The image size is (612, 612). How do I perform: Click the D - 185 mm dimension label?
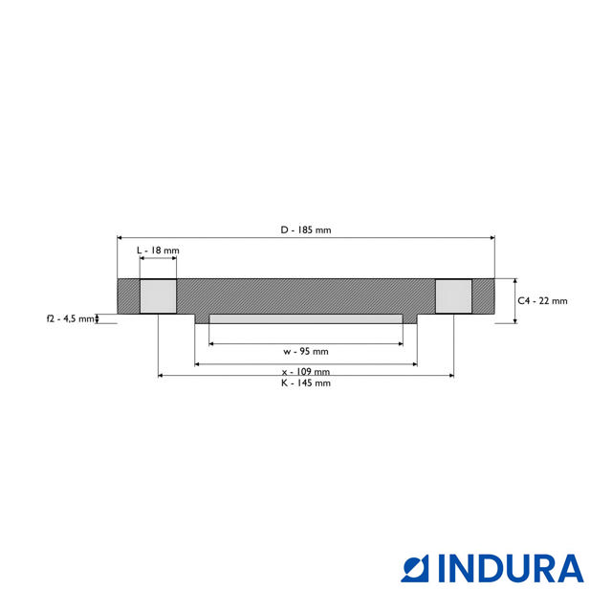[306, 229]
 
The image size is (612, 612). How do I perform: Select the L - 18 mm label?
[158, 251]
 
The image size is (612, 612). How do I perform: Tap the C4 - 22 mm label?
[542, 300]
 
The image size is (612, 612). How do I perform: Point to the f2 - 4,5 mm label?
[70, 318]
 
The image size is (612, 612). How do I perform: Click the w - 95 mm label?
[306, 351]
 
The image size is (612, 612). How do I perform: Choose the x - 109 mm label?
[306, 371]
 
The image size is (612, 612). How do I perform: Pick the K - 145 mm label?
[306, 382]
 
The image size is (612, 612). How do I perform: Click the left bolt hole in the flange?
[158, 296]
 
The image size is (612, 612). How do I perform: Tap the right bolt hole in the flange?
[453, 296]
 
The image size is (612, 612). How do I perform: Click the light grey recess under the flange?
[306, 318]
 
